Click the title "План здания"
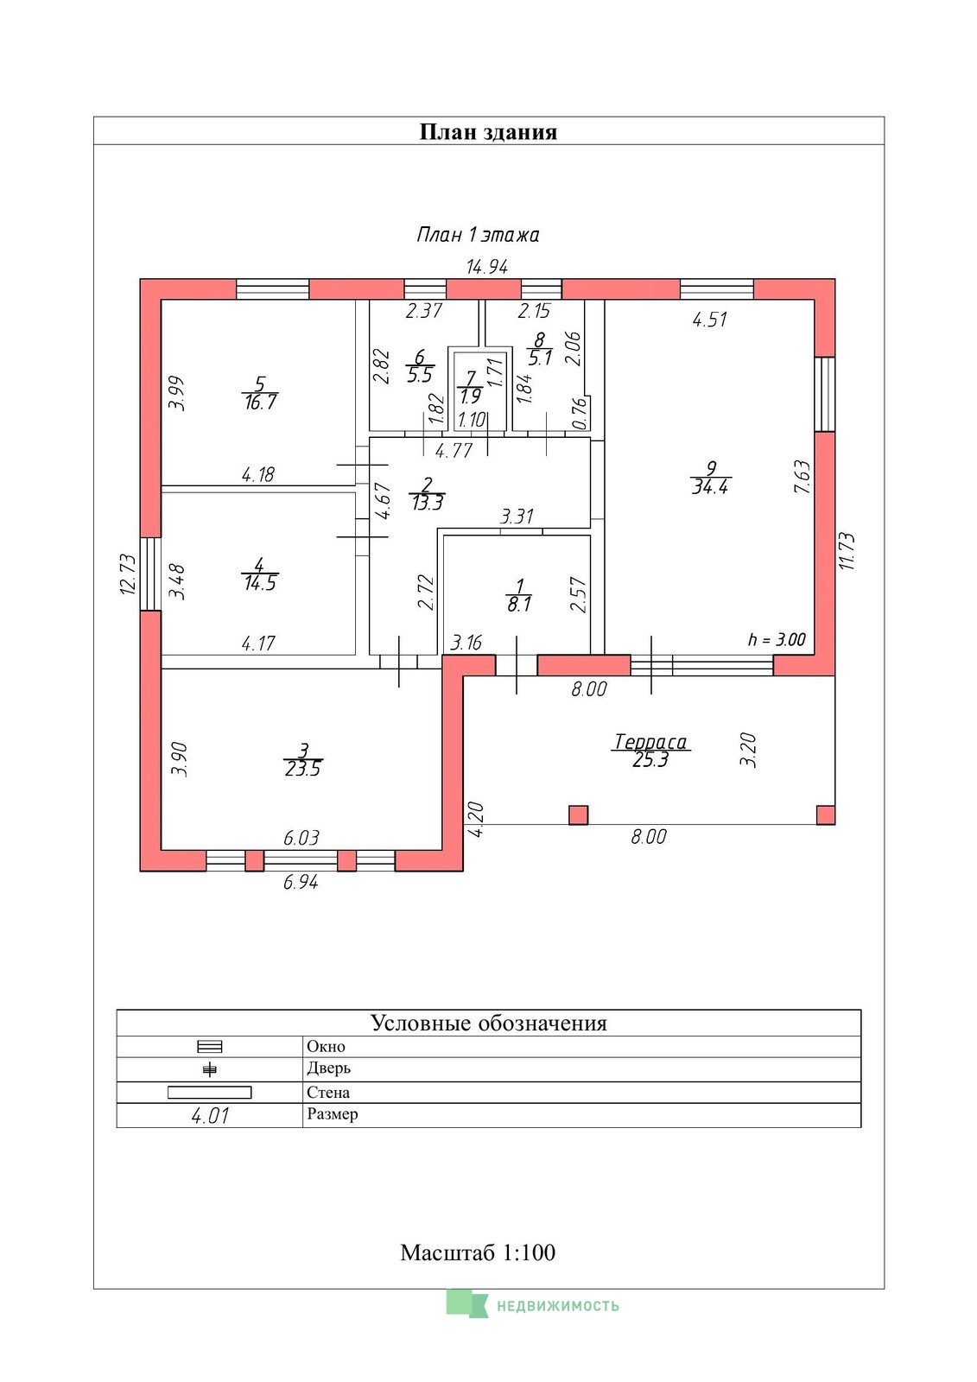pos(488,132)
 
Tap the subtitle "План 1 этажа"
pos(478,235)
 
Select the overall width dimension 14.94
pos(487,267)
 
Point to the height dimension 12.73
pos(127,574)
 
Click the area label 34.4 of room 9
pos(710,487)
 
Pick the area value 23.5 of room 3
pos(303,770)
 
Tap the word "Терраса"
pos(650,742)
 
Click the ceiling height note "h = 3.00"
pos(777,640)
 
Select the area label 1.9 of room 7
pos(470,396)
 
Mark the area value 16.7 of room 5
pos(261,403)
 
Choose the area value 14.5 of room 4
pos(260,583)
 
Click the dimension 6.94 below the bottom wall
pos(301,882)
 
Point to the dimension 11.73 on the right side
pos(847,551)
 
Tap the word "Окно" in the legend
pos(326,1046)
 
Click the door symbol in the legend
pos(210,1069)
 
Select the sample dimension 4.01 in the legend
pos(210,1115)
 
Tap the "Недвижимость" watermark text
pos(558,1305)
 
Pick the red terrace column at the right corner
pos(826,815)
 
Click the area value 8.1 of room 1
pos(519,605)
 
